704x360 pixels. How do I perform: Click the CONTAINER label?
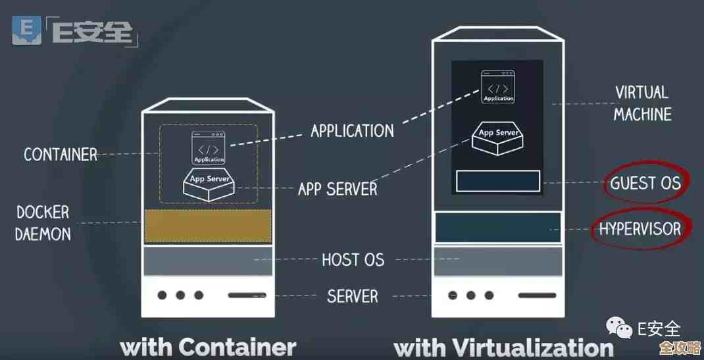(x=61, y=155)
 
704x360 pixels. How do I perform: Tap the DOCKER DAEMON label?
(x=43, y=222)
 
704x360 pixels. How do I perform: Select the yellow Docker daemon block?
(x=208, y=226)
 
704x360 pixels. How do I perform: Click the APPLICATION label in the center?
(x=352, y=130)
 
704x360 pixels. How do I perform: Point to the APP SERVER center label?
(x=338, y=190)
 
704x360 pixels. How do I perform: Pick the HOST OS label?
(x=353, y=259)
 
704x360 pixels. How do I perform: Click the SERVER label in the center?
(x=353, y=296)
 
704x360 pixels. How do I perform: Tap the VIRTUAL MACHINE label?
(x=642, y=103)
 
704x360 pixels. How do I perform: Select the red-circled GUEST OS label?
(x=644, y=183)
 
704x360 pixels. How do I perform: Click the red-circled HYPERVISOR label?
(x=640, y=229)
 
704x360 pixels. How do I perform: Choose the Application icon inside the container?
(x=209, y=147)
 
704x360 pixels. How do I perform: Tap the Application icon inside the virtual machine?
(x=498, y=86)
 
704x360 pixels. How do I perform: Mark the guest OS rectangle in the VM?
(x=498, y=181)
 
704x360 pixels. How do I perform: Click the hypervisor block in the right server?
(x=498, y=228)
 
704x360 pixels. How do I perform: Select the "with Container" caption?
(x=208, y=347)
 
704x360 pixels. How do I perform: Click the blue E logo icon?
(x=27, y=31)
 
